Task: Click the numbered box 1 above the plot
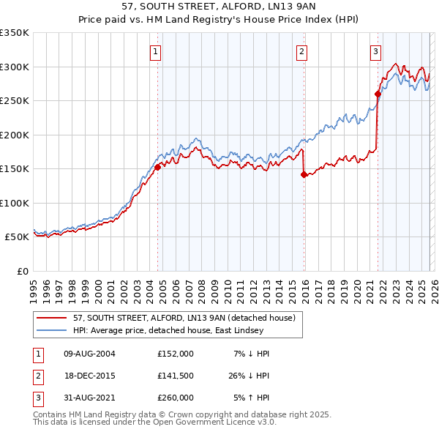pyautogui.click(x=157, y=51)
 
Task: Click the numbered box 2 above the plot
pyautogui.click(x=301, y=51)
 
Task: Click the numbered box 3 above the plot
pyautogui.click(x=375, y=51)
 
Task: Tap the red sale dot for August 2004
pyautogui.click(x=157, y=167)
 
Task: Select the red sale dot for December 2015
pyautogui.click(x=304, y=174)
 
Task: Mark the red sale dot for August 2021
pyautogui.click(x=378, y=94)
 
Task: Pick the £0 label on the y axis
pyautogui.click(x=21, y=271)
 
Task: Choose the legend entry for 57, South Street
pyautogui.click(x=184, y=318)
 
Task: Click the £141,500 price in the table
pyautogui.click(x=176, y=376)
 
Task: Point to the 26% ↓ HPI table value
pyautogui.click(x=249, y=376)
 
